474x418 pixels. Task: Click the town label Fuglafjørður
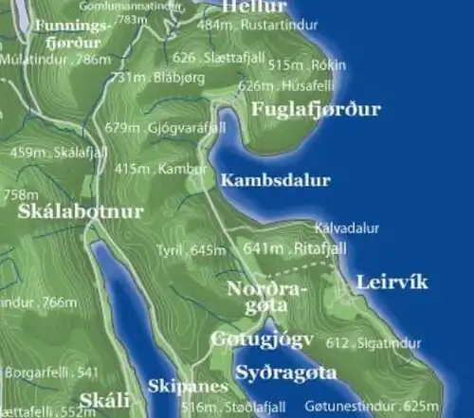click(316, 110)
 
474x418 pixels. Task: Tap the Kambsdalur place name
click(275, 180)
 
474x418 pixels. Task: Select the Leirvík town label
click(392, 282)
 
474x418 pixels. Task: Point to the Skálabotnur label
click(80, 211)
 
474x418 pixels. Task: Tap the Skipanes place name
click(188, 387)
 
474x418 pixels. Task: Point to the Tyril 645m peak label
click(192, 250)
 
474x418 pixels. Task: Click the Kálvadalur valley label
click(346, 227)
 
